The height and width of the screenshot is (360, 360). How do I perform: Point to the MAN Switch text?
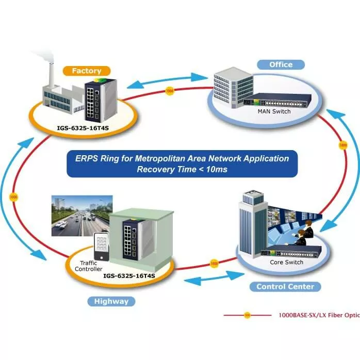(x=274, y=111)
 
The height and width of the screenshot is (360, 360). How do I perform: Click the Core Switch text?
(x=286, y=262)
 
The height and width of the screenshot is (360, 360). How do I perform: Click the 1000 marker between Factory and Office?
(x=170, y=92)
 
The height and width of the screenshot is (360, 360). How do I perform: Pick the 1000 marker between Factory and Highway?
(x=13, y=197)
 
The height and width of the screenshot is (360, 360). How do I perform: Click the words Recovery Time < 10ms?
(x=182, y=169)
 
